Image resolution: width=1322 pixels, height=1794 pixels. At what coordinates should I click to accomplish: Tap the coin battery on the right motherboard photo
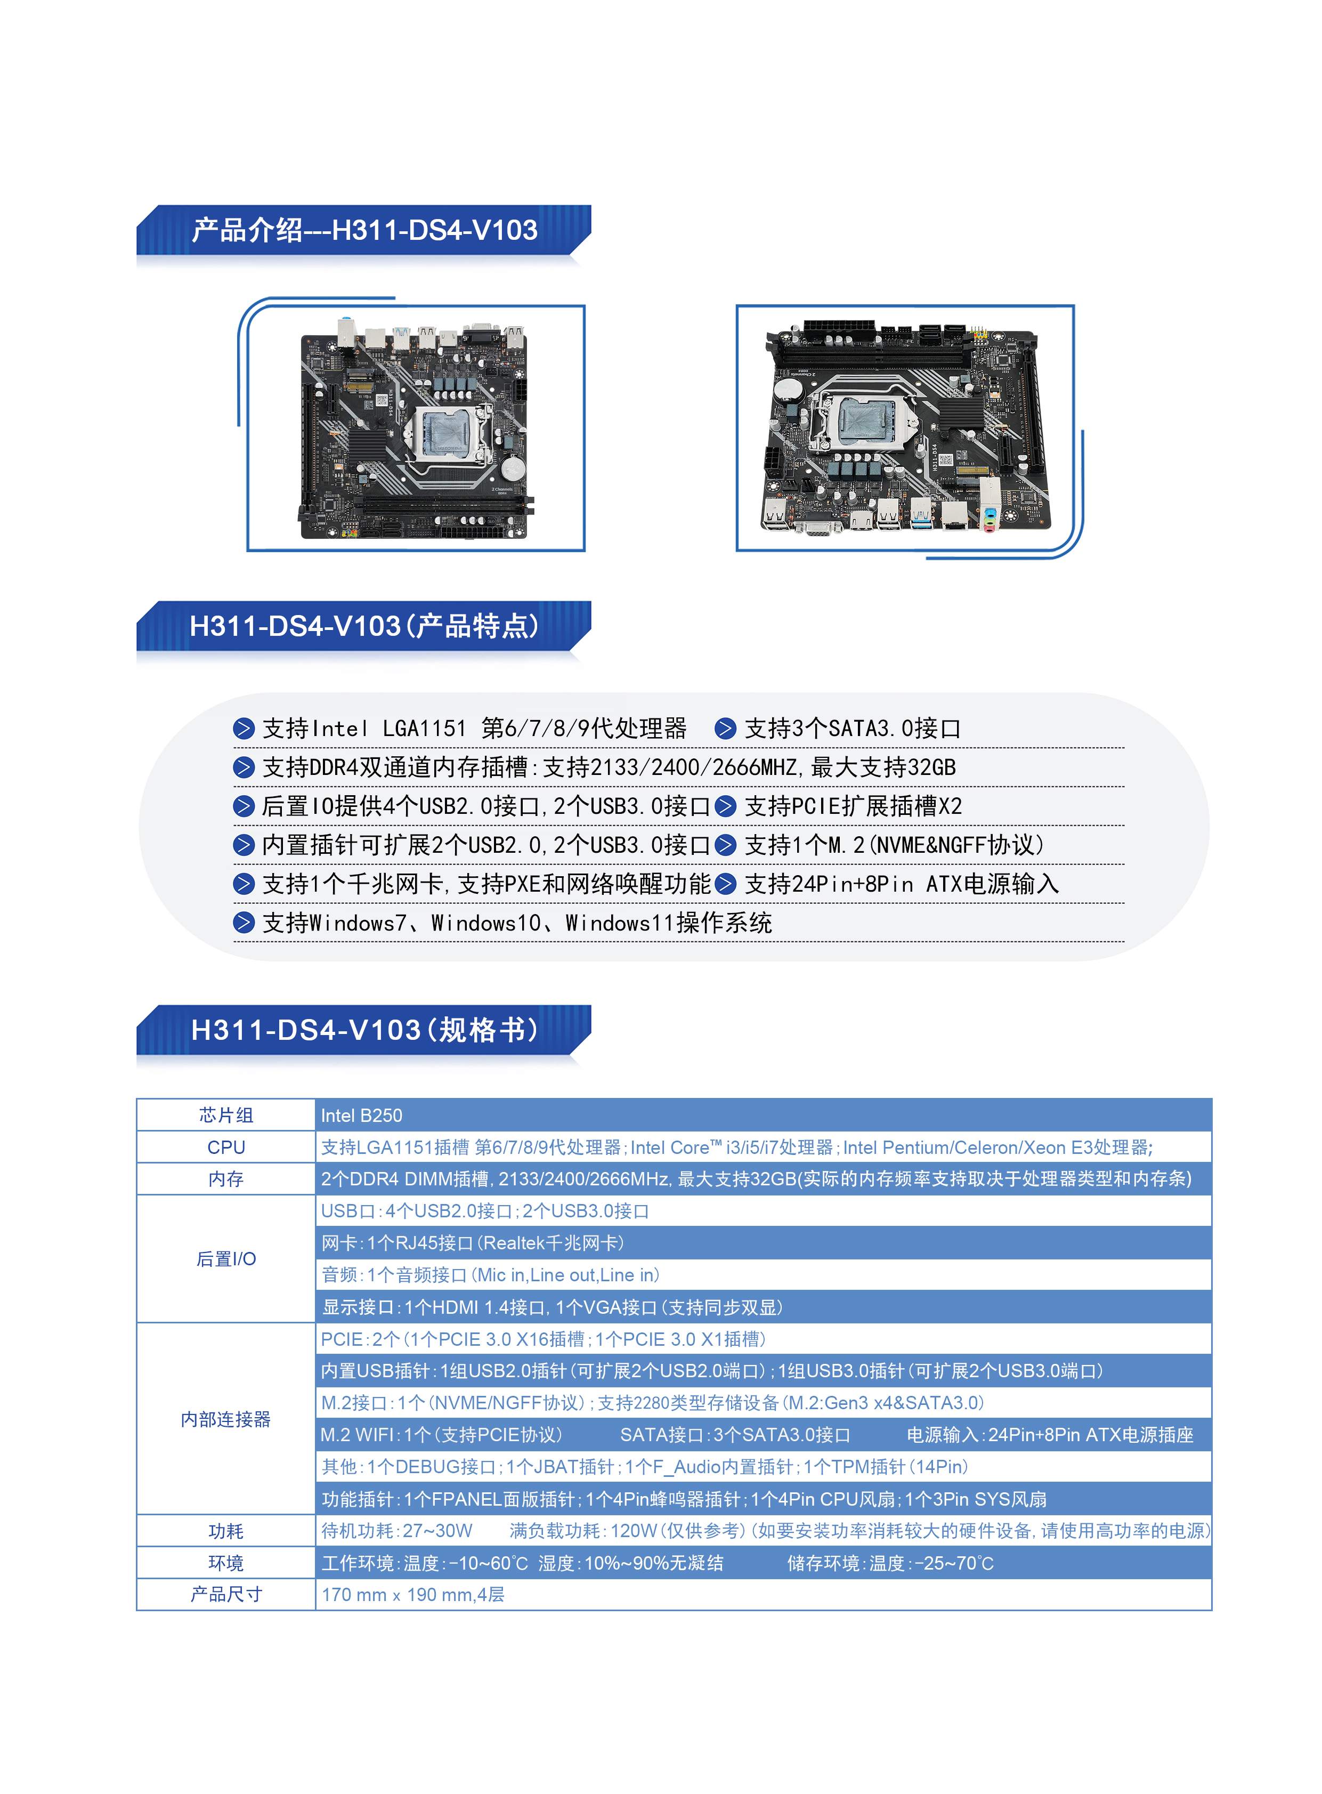coord(790,390)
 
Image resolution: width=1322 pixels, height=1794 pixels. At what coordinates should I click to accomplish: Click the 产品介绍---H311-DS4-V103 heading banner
coord(364,231)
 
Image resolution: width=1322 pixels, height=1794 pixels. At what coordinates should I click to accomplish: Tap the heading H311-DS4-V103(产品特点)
coord(364,626)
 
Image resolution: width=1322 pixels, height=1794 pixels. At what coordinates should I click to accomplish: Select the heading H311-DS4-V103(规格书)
coord(364,1030)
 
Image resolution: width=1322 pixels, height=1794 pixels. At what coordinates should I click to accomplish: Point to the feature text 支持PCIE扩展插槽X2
coord(853,806)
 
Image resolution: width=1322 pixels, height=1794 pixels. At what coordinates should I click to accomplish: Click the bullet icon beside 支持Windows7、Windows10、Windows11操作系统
coord(244,923)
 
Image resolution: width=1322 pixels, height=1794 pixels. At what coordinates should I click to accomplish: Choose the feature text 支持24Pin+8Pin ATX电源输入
coord(902,884)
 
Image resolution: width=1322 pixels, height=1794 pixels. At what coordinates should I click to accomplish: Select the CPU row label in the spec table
coord(226,1147)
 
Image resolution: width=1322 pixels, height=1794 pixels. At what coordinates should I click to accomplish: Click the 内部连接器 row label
coord(226,1419)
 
